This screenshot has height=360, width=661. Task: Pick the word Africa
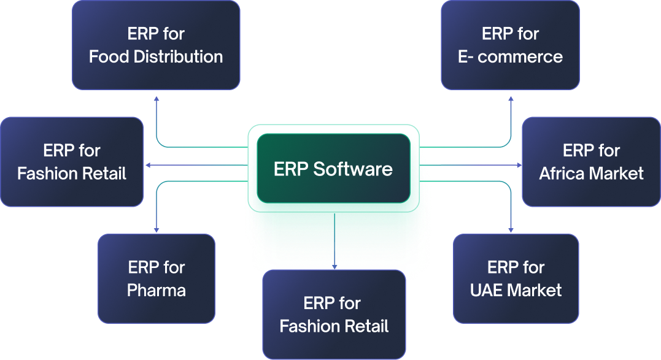pyautogui.click(x=562, y=174)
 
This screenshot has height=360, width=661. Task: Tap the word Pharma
pyautogui.click(x=157, y=289)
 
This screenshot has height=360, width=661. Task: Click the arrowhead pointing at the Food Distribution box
pyautogui.click(x=157, y=99)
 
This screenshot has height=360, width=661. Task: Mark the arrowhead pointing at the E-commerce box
pyautogui.click(x=511, y=99)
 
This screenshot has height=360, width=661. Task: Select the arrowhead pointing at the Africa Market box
pyautogui.click(x=518, y=166)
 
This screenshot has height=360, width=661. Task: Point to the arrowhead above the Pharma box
pyautogui.click(x=157, y=229)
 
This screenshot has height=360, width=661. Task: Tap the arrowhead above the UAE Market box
pyautogui.click(x=511, y=229)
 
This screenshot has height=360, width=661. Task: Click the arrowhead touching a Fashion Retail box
pyautogui.click(x=147, y=166)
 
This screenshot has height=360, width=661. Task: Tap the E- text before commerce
pyautogui.click(x=465, y=57)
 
